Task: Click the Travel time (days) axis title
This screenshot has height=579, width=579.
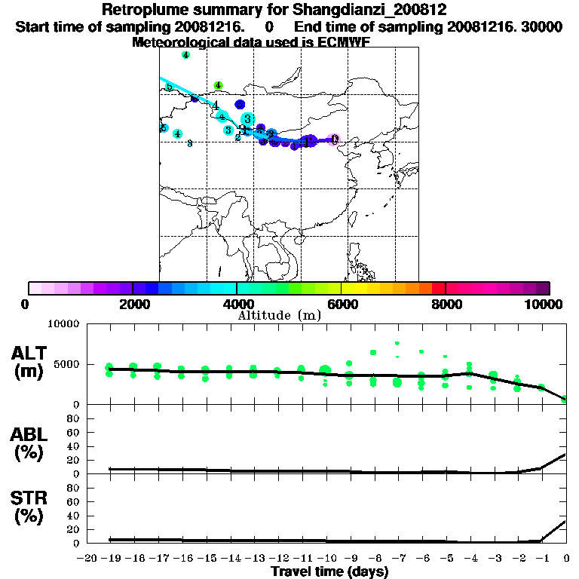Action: (329, 572)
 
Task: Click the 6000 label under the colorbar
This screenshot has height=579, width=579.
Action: (342, 304)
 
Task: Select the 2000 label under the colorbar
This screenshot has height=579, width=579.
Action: (133, 304)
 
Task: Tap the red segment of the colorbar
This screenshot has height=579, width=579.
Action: (439, 287)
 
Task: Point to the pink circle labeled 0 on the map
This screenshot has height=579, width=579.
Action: (335, 139)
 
